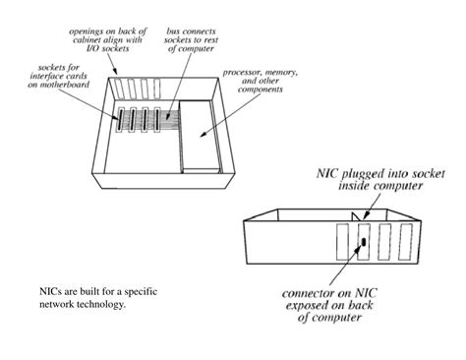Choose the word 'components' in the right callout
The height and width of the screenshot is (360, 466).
[x=250, y=96]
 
